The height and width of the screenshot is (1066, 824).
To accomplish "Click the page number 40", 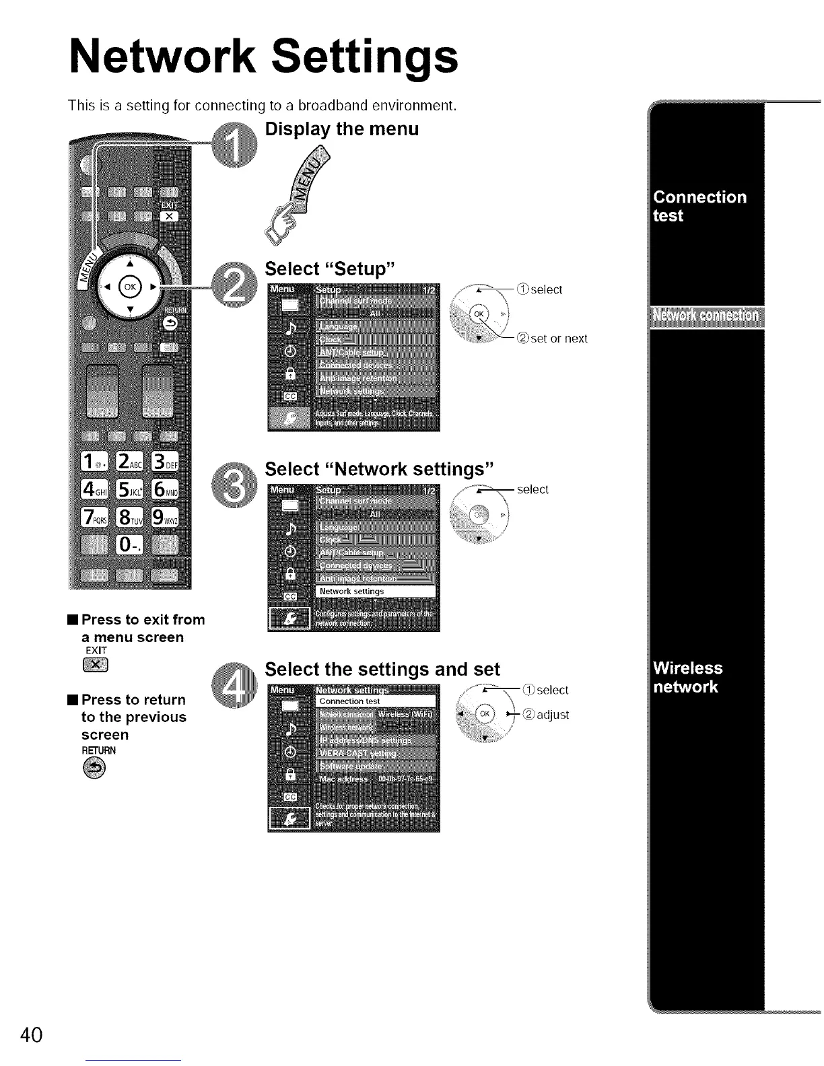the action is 32,1034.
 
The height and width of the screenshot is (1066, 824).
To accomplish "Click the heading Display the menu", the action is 342,129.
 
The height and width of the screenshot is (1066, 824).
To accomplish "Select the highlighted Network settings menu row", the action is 376,592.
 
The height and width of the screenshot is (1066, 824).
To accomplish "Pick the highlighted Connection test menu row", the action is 376,701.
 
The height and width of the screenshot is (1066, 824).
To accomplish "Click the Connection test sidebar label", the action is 700,206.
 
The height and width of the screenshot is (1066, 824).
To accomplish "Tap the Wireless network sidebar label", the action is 688,677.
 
